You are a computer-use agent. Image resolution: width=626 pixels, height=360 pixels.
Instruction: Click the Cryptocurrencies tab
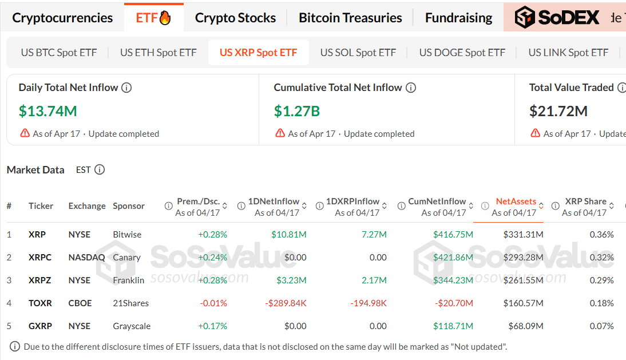[62, 18]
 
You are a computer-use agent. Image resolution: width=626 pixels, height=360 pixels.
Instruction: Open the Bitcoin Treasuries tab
[350, 18]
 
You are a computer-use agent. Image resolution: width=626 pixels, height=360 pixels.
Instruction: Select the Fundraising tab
[458, 18]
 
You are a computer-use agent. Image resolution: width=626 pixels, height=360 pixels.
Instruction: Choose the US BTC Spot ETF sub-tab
[59, 53]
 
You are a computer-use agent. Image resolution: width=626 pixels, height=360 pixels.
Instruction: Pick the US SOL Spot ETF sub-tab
[358, 53]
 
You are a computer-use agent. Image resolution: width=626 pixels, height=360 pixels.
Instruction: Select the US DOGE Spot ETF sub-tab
[462, 53]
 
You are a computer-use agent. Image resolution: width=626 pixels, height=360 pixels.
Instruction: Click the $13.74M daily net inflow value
[48, 111]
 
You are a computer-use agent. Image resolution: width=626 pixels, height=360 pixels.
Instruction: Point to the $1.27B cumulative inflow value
[297, 111]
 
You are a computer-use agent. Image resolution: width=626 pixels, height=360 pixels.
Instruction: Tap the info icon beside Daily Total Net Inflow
[126, 88]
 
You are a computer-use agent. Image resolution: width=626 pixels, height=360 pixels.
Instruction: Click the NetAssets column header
[516, 201]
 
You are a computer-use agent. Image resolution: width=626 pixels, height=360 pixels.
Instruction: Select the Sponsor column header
[129, 206]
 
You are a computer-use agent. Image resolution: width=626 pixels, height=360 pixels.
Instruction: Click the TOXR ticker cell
[40, 303]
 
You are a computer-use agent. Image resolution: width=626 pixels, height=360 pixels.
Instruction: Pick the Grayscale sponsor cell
[132, 326]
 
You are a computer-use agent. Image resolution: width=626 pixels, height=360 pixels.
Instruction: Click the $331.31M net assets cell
[523, 235]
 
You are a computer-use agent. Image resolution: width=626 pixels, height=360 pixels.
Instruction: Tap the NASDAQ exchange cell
[86, 258]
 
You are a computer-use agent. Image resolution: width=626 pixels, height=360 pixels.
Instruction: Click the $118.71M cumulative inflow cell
[453, 326]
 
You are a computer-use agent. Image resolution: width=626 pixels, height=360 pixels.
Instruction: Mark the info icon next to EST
[100, 170]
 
